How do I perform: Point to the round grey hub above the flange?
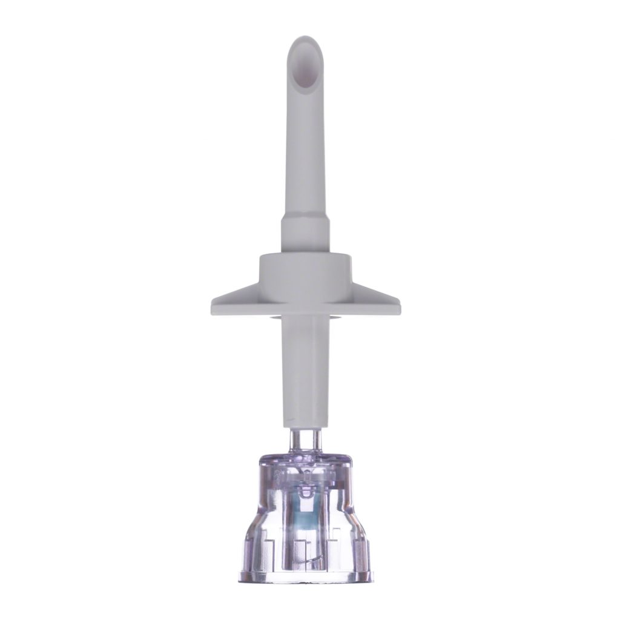click(x=306, y=269)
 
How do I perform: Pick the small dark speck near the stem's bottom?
click(x=291, y=418)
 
